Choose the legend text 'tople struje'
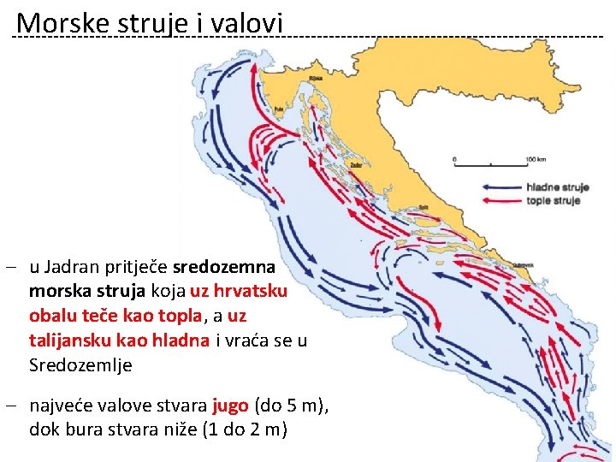[553, 200]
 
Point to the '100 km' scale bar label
[536, 159]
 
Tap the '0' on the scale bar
[455, 159]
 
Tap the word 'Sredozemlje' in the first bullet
[80, 365]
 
